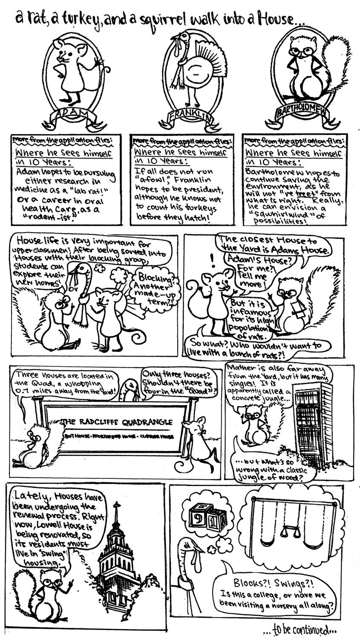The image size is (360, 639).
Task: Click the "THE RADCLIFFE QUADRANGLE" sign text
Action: [x=118, y=422]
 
